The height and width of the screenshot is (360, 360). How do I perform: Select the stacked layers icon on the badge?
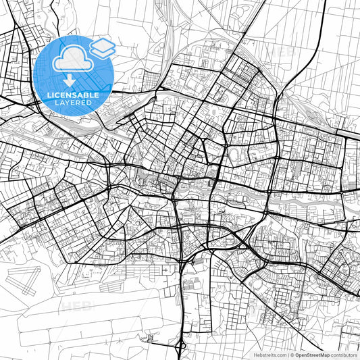coord(102,47)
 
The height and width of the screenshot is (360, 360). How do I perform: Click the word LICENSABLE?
coord(73,95)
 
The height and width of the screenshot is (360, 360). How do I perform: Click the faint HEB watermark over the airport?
coord(76,306)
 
